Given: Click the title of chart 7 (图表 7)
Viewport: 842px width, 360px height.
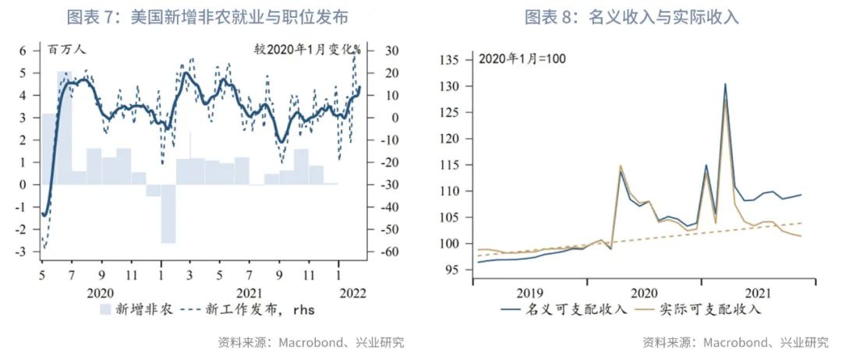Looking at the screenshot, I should point(207,16).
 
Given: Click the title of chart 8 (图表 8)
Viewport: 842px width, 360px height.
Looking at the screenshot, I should point(631,16).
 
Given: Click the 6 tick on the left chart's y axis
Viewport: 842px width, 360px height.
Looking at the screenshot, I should point(23,51).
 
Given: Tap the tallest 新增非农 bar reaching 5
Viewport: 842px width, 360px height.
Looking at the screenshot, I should point(64,128).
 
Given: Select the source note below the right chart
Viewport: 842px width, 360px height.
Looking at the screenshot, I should point(735,342).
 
